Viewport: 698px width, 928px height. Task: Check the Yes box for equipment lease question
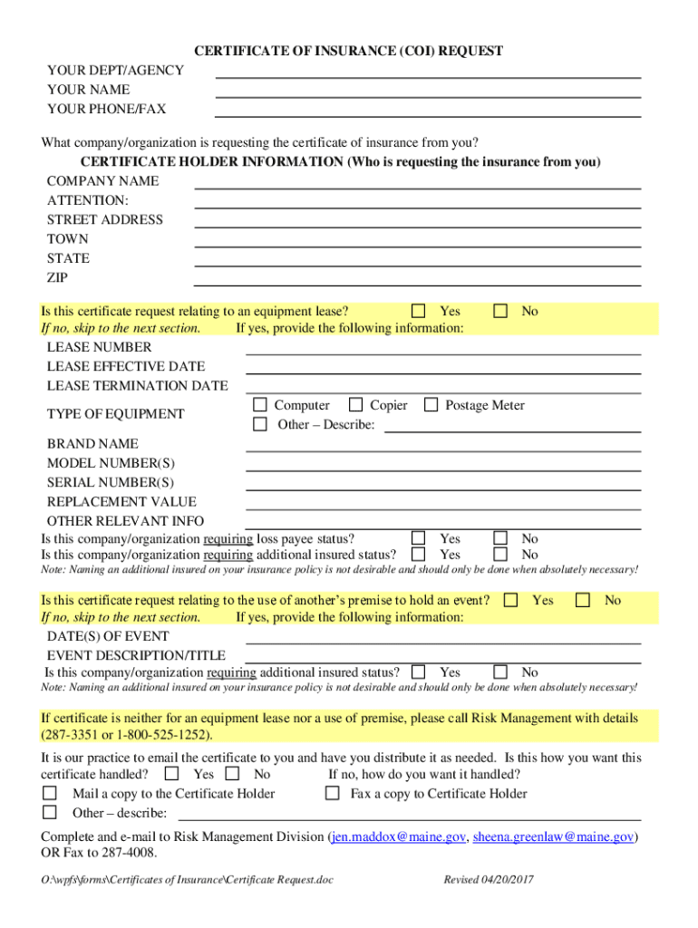[419, 311]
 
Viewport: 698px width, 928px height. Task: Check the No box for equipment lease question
[500, 311]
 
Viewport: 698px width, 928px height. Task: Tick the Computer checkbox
[260, 405]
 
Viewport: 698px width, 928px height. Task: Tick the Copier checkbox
[356, 405]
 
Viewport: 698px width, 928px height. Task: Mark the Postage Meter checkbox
[431, 405]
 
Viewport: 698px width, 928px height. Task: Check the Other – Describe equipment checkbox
[260, 424]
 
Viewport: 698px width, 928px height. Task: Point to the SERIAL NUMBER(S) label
[111, 482]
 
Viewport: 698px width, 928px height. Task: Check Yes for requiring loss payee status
[419, 538]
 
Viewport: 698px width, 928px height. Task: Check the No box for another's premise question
[583, 600]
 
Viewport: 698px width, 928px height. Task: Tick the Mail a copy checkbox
[51, 794]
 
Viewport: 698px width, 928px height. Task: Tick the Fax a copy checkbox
[333, 794]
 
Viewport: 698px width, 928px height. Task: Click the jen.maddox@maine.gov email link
[398, 837]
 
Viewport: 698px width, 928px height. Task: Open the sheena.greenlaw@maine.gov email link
[553, 837]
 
